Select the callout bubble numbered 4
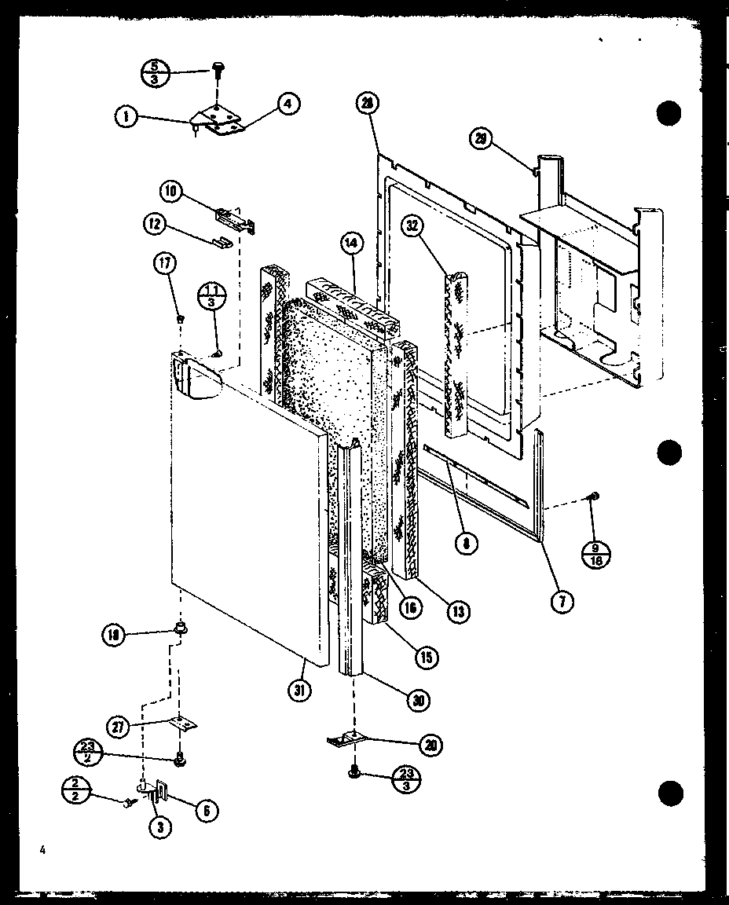289,102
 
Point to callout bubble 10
170,190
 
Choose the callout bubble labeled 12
152,224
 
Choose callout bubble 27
118,726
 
